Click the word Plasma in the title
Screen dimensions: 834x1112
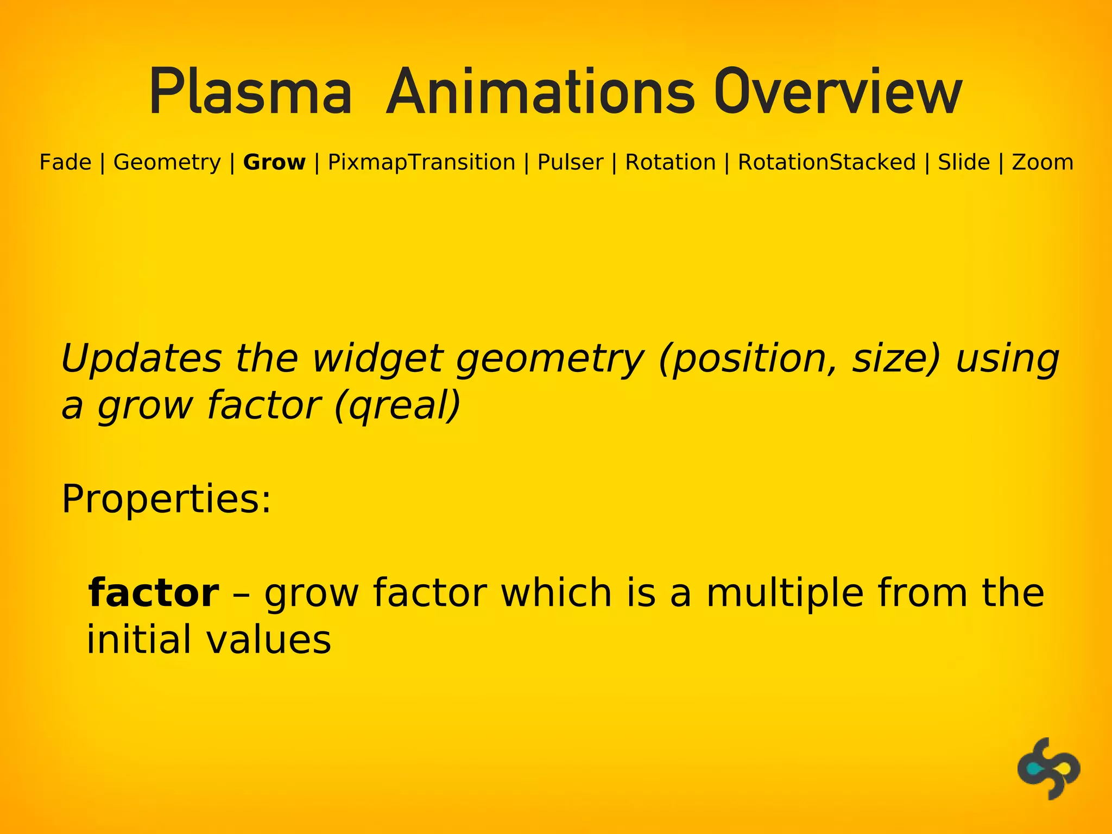point(250,92)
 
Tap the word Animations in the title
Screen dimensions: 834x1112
point(540,92)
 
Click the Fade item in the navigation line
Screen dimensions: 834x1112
point(65,162)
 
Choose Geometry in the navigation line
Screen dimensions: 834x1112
point(167,162)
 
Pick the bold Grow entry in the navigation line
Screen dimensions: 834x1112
point(274,162)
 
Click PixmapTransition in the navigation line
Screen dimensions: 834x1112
point(421,162)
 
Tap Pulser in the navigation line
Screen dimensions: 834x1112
point(570,162)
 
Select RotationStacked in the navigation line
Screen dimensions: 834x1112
point(826,162)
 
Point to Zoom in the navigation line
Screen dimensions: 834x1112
point(1042,162)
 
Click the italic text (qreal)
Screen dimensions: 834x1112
point(397,406)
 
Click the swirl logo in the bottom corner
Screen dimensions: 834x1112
point(1048,768)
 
